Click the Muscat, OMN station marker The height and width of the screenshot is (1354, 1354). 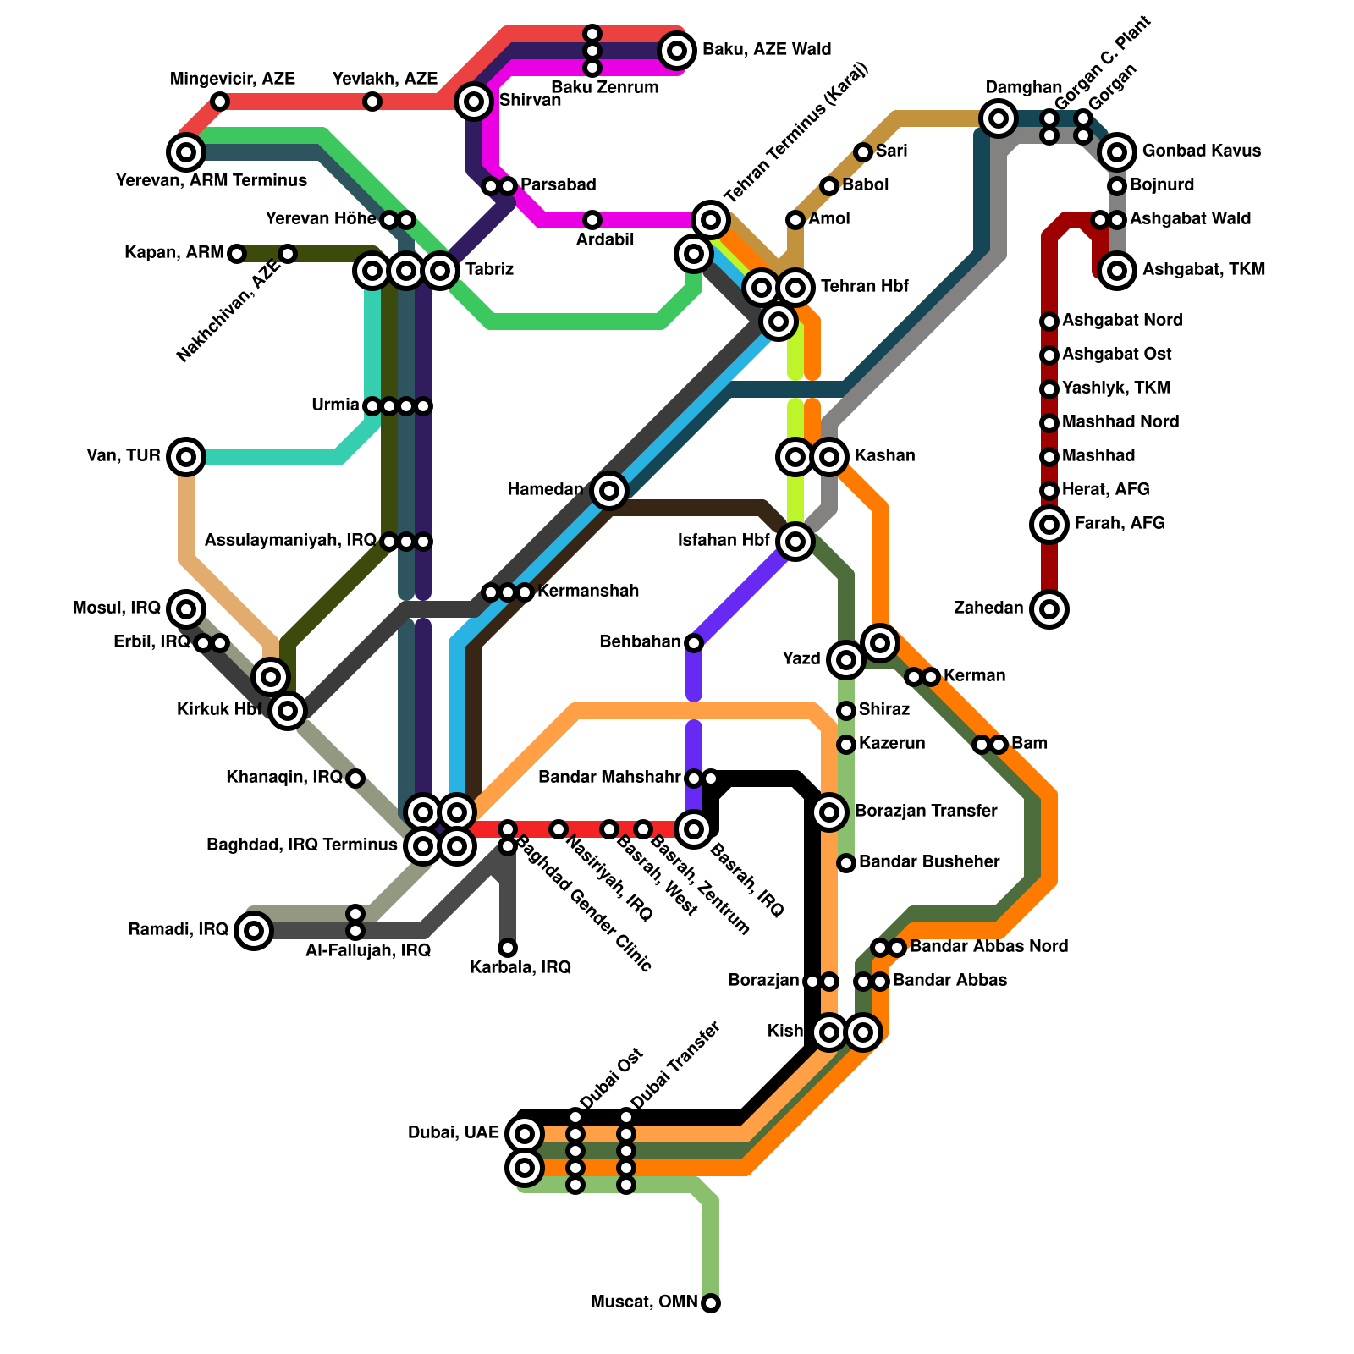click(x=711, y=1302)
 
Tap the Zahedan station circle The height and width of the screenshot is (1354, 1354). click(x=1049, y=608)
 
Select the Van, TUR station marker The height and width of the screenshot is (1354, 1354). click(x=186, y=457)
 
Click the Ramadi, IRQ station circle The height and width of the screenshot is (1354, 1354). click(x=254, y=931)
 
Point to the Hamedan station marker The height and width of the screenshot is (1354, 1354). click(x=609, y=490)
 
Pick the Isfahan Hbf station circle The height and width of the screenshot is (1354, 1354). click(x=795, y=541)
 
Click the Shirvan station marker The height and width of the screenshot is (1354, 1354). click(x=474, y=102)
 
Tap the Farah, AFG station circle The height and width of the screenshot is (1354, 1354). click(x=1049, y=524)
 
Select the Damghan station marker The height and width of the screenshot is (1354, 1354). click(x=999, y=118)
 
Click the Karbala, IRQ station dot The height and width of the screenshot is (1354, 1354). click(x=508, y=947)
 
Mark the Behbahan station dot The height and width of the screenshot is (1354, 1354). click(x=694, y=643)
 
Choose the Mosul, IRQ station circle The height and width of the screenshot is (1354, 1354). click(x=186, y=608)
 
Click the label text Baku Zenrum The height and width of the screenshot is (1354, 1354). click(x=604, y=87)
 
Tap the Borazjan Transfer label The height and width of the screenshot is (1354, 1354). click(x=926, y=811)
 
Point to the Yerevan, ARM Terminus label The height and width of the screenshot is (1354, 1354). click(x=212, y=180)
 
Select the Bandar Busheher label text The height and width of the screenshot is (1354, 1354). click(x=929, y=861)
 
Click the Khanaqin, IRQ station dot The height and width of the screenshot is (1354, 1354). click(x=355, y=778)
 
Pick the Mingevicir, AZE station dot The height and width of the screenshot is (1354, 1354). click(x=220, y=102)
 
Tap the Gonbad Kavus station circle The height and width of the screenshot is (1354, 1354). click(x=1117, y=152)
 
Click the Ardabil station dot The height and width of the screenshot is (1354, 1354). click(x=592, y=220)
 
